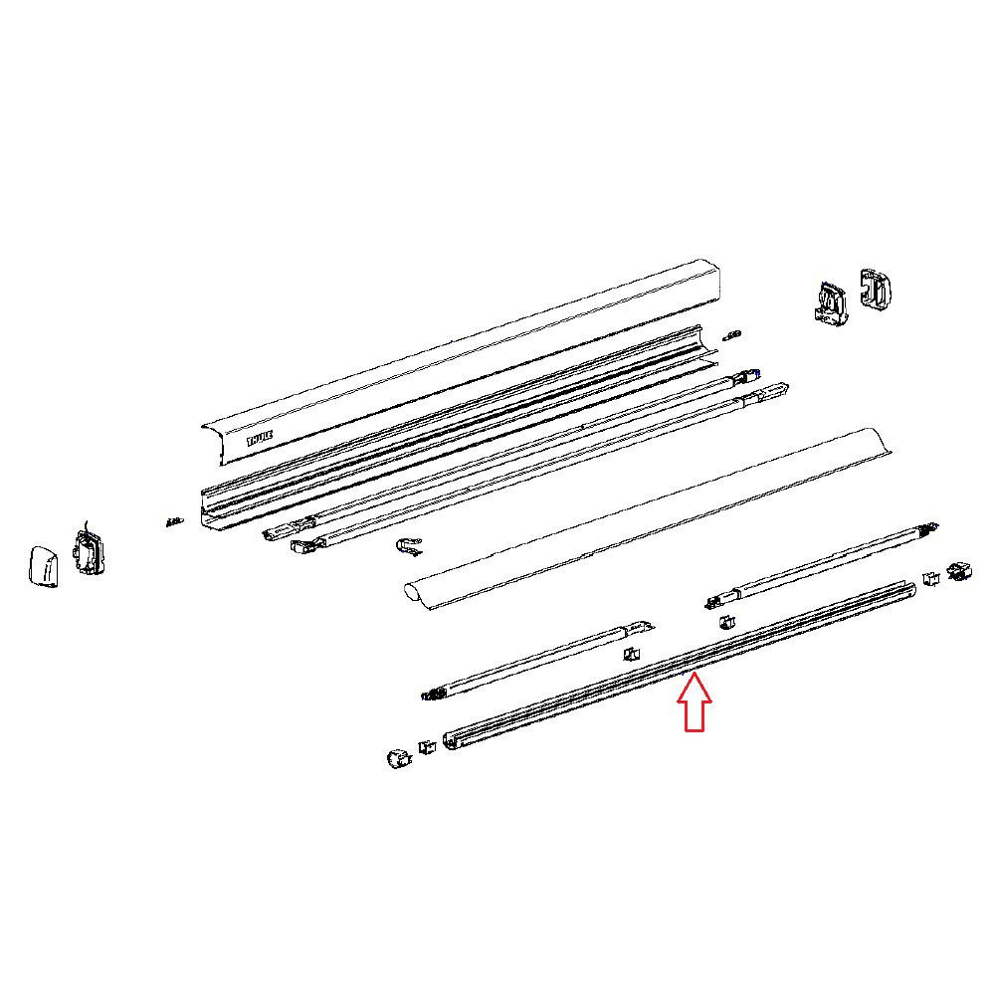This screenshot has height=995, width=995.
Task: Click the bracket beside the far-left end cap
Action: tap(88, 552)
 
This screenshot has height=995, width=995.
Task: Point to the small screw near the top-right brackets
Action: tap(732, 332)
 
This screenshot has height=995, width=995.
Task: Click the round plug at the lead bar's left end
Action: tap(399, 757)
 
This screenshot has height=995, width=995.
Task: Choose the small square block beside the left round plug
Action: tap(426, 746)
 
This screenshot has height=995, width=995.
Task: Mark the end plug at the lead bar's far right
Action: tap(961, 572)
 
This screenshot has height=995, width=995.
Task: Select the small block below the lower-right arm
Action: tap(726, 622)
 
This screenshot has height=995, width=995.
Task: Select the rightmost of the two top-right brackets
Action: tap(877, 288)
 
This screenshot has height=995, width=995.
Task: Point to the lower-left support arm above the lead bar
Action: tap(537, 662)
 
